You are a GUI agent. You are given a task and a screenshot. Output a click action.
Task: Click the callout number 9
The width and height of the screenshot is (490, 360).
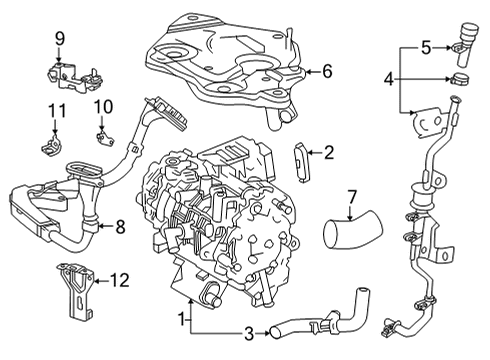(59, 38)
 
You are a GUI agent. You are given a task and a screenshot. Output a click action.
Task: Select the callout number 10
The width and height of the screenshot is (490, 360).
(104, 106)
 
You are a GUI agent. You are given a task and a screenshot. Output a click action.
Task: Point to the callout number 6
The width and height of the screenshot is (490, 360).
(325, 71)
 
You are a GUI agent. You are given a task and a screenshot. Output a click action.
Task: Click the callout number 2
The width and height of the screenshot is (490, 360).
(327, 152)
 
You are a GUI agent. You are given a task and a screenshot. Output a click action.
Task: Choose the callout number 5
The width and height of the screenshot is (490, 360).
(426, 46)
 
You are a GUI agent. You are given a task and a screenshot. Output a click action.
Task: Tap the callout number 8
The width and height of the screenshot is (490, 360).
(119, 227)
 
